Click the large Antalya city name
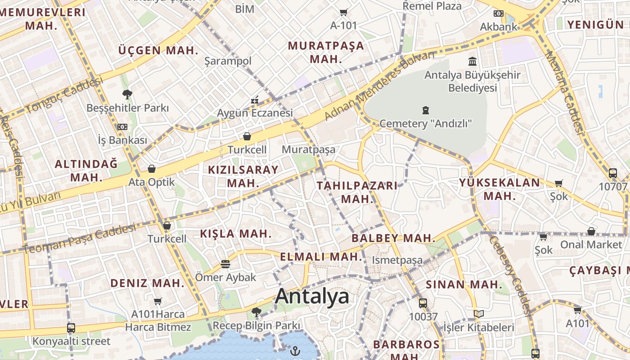tap(312, 297)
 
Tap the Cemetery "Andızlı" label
tap(425, 123)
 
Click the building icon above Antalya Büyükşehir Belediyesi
tap(472, 61)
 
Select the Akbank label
tap(499, 27)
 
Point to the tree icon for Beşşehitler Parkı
tap(127, 94)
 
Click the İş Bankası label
tap(122, 140)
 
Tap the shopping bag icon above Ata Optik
tap(152, 169)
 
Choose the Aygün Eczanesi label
tap(255, 112)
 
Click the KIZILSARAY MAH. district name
tap(243, 176)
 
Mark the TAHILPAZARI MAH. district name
tap(357, 192)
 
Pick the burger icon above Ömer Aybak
tap(225, 264)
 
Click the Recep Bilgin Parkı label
tap(256, 325)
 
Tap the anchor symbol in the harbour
tap(295, 350)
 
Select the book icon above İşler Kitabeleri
tap(479, 314)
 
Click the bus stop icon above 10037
tap(423, 303)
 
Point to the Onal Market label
tap(591, 244)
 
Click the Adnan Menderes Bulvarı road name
tap(380, 85)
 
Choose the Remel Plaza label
tap(432, 6)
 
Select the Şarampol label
tap(228, 61)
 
